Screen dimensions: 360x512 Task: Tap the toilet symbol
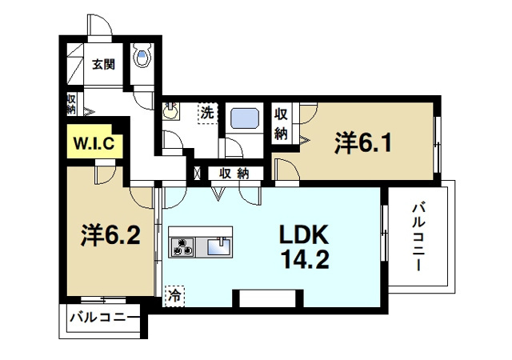143,57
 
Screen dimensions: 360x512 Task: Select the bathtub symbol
243,121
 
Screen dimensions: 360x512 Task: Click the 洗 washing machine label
207,114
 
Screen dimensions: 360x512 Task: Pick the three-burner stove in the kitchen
182,247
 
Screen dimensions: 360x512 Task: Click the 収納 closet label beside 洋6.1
281,124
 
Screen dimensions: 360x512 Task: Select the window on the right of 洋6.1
438,144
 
